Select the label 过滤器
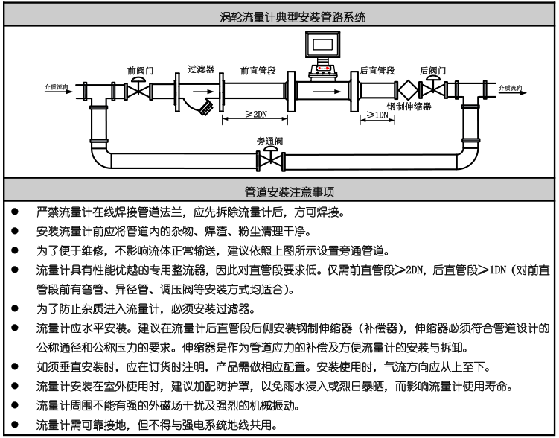(201, 69)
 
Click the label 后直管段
(377, 70)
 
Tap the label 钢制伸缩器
(409, 107)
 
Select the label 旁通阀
(269, 141)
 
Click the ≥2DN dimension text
(255, 115)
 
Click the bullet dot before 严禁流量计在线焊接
(15, 212)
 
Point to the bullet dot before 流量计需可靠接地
(15, 425)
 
